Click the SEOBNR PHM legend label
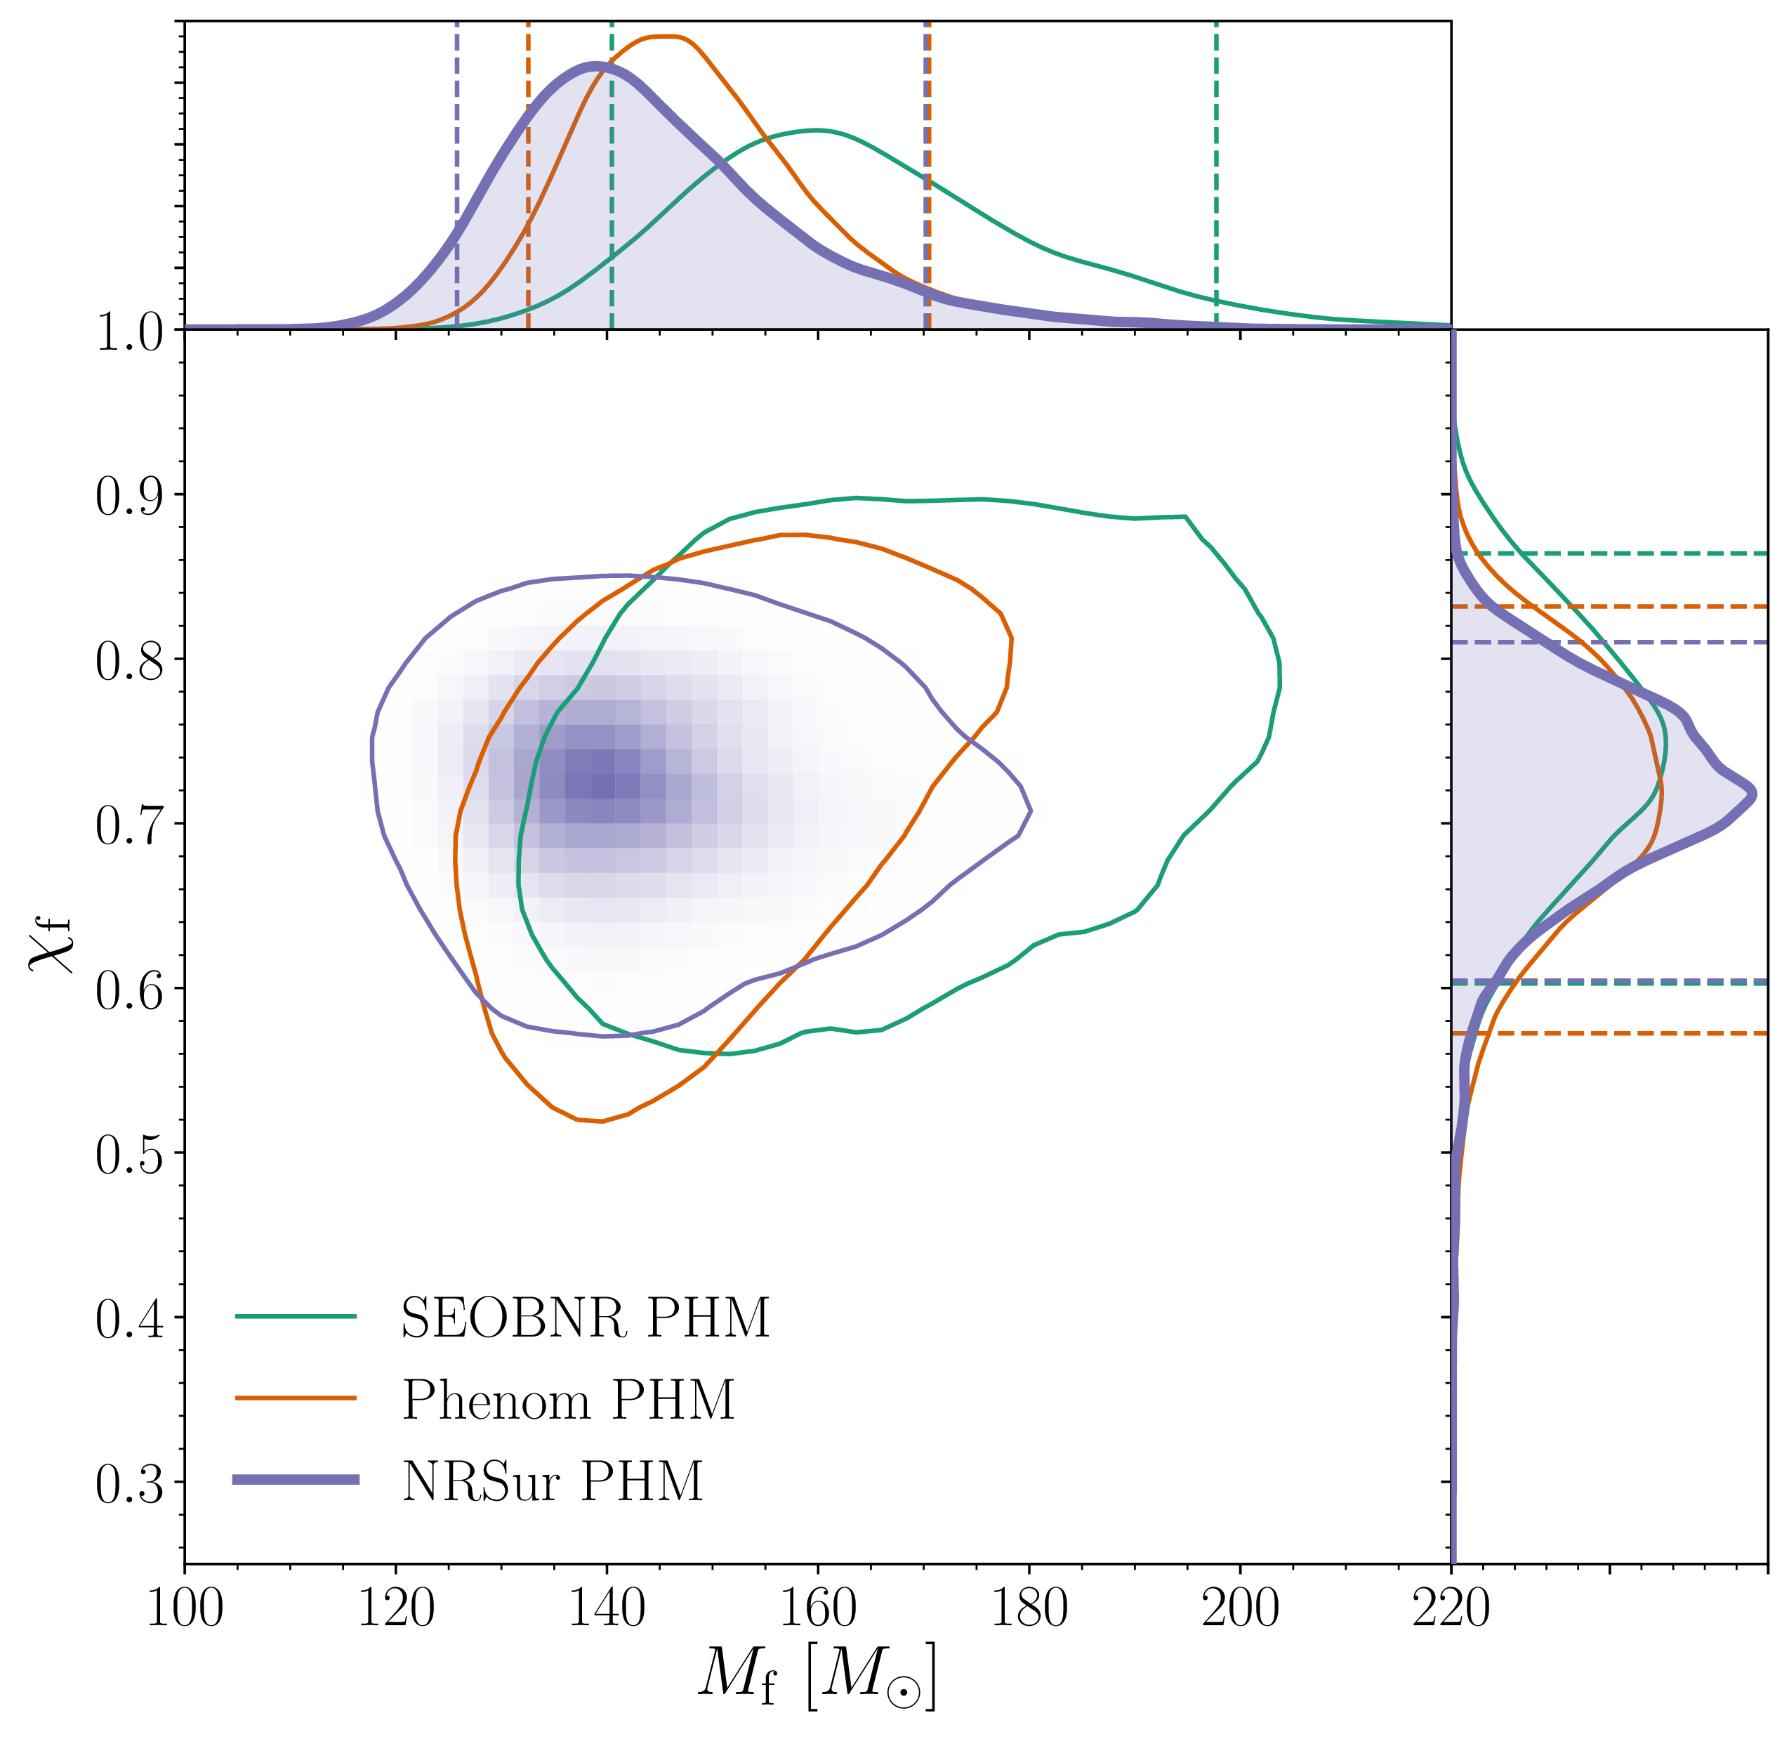tap(584, 1318)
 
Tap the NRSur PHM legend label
tap(553, 1481)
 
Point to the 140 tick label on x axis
tap(607, 1608)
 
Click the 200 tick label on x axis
tap(1239, 1608)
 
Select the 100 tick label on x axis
tap(185, 1608)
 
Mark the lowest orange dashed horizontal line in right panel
tap(1625, 1033)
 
